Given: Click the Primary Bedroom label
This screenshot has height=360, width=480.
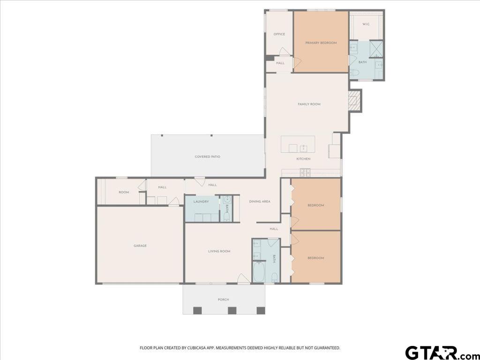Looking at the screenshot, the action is pyautogui.click(x=321, y=43).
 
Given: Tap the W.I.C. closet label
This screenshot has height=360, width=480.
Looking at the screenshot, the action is pyautogui.click(x=366, y=24).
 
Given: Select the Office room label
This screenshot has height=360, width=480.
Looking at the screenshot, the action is pyautogui.click(x=279, y=34).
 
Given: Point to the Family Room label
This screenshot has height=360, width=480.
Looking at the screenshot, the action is pyautogui.click(x=309, y=104).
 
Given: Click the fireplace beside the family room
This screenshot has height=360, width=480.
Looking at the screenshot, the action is pyautogui.click(x=355, y=101).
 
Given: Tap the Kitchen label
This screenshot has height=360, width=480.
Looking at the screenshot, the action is pyautogui.click(x=303, y=159).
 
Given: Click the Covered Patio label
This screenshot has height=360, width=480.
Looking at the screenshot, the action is pyautogui.click(x=207, y=157).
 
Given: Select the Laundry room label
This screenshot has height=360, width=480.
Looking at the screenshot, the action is pyautogui.click(x=201, y=202).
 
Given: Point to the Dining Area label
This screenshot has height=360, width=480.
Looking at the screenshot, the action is pyautogui.click(x=260, y=202).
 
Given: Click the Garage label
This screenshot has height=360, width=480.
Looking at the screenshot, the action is pyautogui.click(x=140, y=246).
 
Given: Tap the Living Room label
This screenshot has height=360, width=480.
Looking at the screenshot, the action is pyautogui.click(x=219, y=251).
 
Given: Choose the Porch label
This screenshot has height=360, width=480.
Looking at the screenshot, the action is pyautogui.click(x=224, y=300).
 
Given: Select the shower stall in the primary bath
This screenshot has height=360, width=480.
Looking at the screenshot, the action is pyautogui.click(x=376, y=49).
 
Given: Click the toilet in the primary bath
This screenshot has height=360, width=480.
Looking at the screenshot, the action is pyautogui.click(x=355, y=73).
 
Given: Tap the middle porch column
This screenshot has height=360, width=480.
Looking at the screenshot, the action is pyautogui.click(x=232, y=310).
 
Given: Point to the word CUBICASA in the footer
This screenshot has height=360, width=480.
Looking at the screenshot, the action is pyautogui.click(x=198, y=348).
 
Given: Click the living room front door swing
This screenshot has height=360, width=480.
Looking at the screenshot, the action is pyautogui.click(x=244, y=278).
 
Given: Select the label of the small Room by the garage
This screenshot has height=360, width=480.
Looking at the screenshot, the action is pyautogui.click(x=124, y=192).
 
